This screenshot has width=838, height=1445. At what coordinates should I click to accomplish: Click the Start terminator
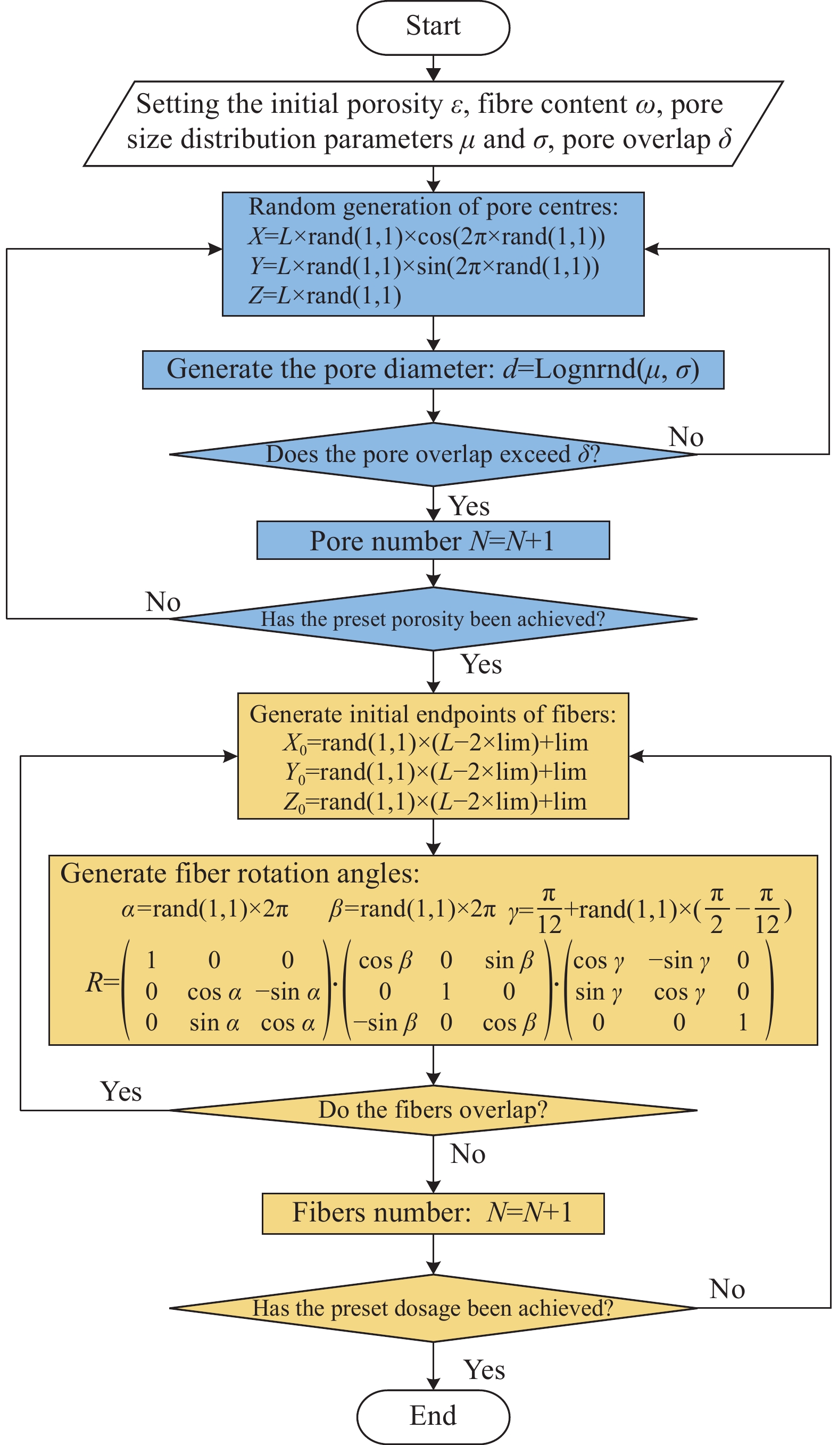433,27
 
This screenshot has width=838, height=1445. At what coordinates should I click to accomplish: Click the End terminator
433,1416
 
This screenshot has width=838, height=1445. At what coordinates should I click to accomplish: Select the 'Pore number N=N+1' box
433,540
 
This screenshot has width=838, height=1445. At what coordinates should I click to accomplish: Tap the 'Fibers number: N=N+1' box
433,1213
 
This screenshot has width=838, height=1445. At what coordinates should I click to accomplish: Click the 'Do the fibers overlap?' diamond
433,1110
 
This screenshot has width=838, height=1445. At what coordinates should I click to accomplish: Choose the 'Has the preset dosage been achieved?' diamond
433,1308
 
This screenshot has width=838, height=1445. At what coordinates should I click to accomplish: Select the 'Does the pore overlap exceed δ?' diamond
433,454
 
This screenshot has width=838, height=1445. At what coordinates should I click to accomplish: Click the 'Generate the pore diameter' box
433,369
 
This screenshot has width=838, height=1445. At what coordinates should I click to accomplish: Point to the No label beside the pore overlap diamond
685,437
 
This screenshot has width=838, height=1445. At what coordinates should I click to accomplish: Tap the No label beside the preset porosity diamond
163,601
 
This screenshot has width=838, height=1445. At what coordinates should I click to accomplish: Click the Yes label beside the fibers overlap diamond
121,1091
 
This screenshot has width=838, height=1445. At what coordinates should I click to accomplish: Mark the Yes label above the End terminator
484,1370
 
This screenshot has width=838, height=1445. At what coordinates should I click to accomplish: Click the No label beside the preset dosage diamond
727,1289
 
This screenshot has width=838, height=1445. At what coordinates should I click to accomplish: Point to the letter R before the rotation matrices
95,982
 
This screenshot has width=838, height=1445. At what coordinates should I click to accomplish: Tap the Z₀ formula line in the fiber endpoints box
435,802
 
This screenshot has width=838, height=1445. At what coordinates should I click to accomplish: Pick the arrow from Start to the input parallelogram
433,68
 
